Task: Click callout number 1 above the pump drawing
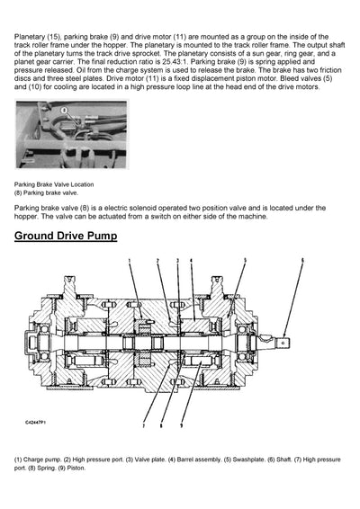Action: [129, 260]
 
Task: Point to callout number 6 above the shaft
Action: [302, 260]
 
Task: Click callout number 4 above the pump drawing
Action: [190, 260]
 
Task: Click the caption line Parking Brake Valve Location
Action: [55, 183]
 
